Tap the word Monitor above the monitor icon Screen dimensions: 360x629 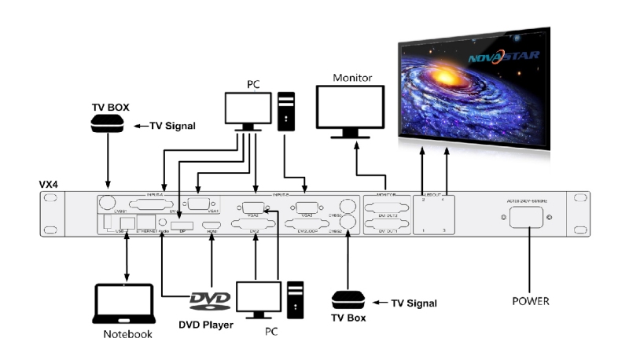click(x=352, y=78)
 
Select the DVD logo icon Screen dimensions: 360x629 click(x=210, y=301)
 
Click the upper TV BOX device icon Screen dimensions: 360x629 click(x=107, y=124)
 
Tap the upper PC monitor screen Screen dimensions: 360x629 click(x=248, y=108)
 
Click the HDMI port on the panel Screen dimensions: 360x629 click(x=212, y=227)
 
